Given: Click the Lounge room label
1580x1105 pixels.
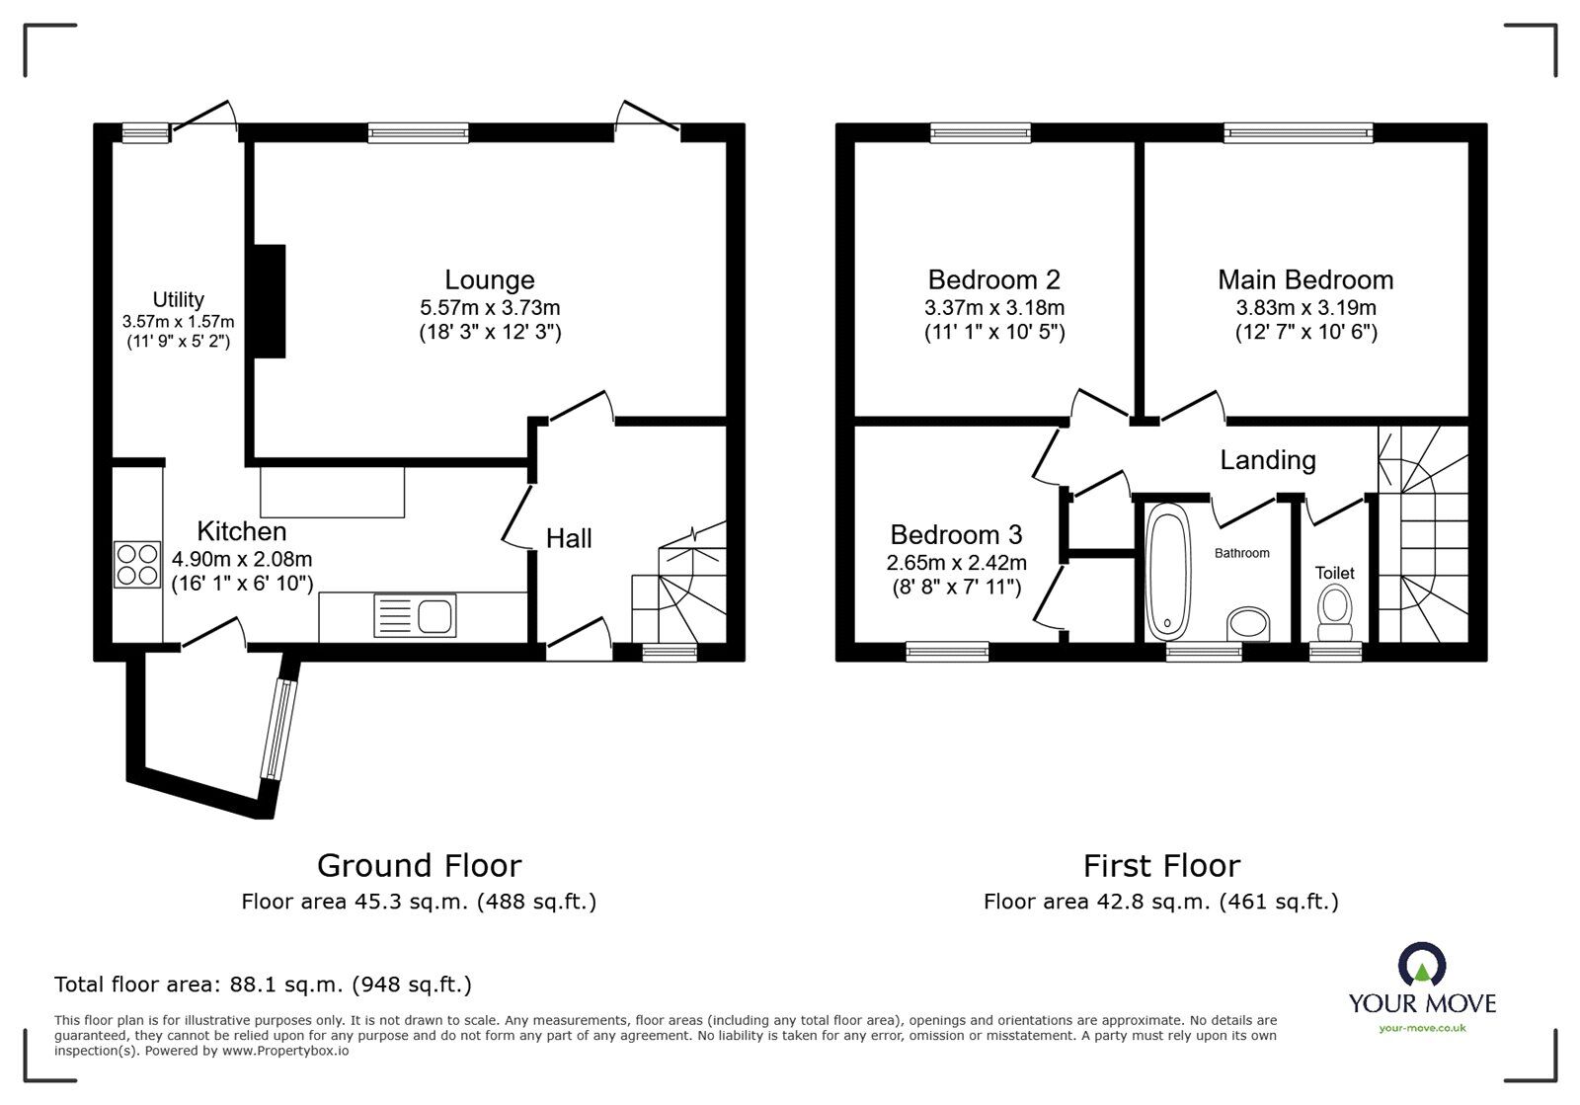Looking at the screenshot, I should click(489, 279).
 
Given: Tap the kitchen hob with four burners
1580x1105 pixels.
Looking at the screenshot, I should click(137, 564).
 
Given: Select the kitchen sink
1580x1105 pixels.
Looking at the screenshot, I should click(416, 616).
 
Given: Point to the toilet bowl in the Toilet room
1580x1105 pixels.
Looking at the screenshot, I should click(1335, 611).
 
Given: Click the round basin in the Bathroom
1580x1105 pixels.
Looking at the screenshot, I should click(1248, 624).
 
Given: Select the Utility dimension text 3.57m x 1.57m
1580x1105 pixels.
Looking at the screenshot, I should click(179, 322).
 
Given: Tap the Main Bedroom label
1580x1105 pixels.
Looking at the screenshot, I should click(1305, 279).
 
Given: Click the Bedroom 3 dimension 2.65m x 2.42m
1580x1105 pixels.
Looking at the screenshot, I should click(956, 563).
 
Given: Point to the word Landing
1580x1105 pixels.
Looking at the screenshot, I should click(1267, 460).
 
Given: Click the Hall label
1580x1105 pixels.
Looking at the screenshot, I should click(569, 538).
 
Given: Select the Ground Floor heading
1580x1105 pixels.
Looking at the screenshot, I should click(419, 865).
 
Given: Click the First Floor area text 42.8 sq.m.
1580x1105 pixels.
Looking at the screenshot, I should click(1160, 901).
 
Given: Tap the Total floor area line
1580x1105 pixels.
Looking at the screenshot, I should click(263, 985).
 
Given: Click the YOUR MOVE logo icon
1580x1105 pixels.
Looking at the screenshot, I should click(1422, 966).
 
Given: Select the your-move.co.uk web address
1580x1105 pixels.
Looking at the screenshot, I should click(1422, 1028).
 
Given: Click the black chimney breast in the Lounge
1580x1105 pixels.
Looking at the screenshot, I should click(270, 301).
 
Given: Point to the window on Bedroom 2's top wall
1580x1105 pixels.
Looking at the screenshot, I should click(981, 132).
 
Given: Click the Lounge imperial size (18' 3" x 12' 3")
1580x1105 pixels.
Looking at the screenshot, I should click(489, 333).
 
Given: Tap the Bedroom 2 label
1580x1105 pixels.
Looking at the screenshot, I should click(993, 279).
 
